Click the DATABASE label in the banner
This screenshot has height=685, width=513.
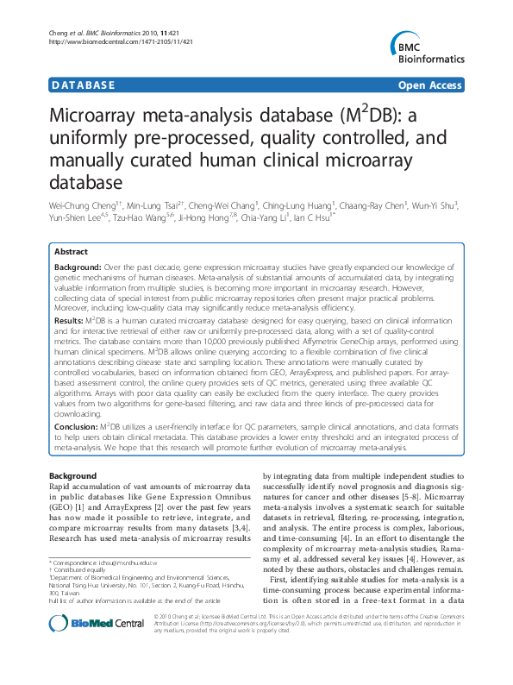tap(83, 85)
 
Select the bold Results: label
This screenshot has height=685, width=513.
tap(69, 319)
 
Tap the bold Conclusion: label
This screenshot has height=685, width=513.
tap(76, 426)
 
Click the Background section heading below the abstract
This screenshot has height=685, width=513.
tap(73, 476)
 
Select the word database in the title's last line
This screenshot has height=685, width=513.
tap(86, 182)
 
